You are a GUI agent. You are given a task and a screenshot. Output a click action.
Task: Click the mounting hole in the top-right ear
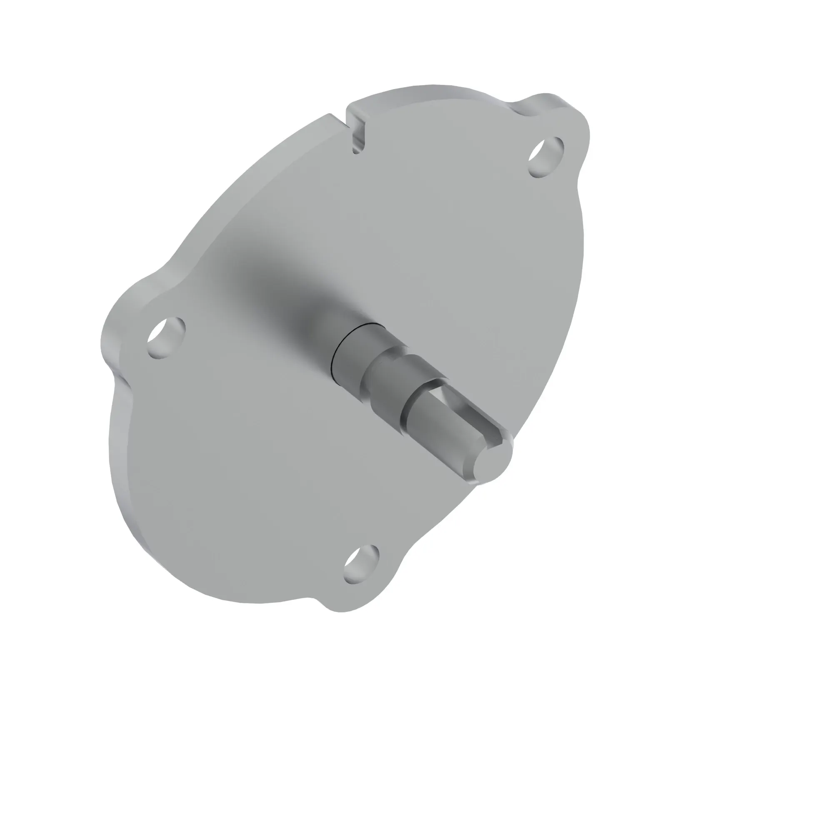point(546,157)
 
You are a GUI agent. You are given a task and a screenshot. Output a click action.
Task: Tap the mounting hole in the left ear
point(166,337)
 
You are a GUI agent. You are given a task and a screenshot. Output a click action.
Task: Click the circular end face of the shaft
point(494,463)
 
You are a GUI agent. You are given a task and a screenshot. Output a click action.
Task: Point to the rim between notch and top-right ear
point(431,91)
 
